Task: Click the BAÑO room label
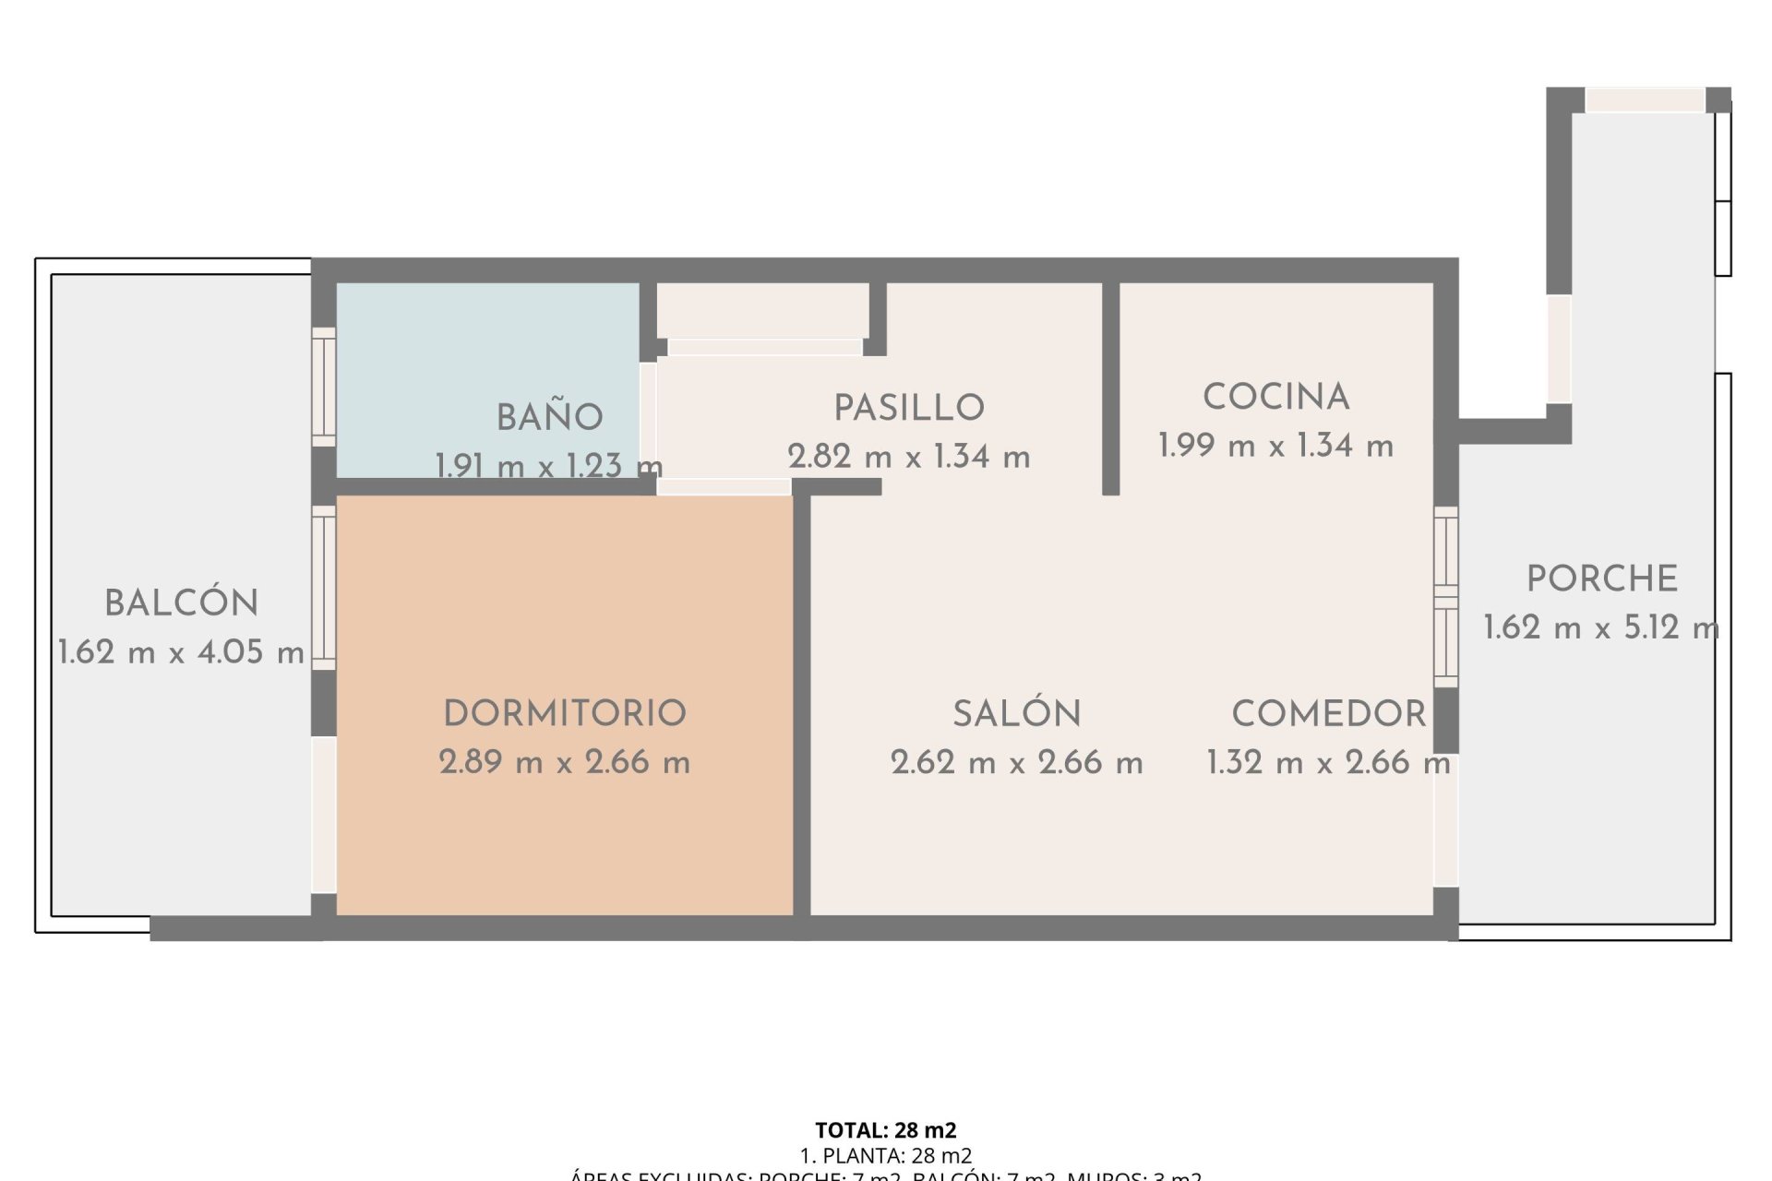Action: (x=550, y=418)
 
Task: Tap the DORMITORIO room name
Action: (x=565, y=713)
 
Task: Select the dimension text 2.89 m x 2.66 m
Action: (x=565, y=762)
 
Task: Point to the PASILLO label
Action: (x=909, y=408)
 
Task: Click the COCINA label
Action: (x=1276, y=398)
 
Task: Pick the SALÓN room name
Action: (x=1017, y=713)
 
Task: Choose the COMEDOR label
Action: (x=1329, y=713)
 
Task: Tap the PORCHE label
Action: (x=1602, y=579)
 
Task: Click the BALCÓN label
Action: (x=182, y=603)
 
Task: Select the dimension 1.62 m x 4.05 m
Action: (x=182, y=652)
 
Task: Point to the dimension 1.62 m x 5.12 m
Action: (x=1601, y=628)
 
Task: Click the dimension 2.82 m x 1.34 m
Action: (x=909, y=457)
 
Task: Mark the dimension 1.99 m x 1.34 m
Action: (x=1276, y=446)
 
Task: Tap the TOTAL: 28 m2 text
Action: (x=886, y=1130)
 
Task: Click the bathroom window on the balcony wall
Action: (x=323, y=387)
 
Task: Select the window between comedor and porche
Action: (x=1446, y=596)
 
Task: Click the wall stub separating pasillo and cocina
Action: (x=1111, y=388)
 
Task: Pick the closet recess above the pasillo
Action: (x=762, y=311)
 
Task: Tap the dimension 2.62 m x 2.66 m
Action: (x=1017, y=762)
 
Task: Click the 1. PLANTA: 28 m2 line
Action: (x=886, y=1155)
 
